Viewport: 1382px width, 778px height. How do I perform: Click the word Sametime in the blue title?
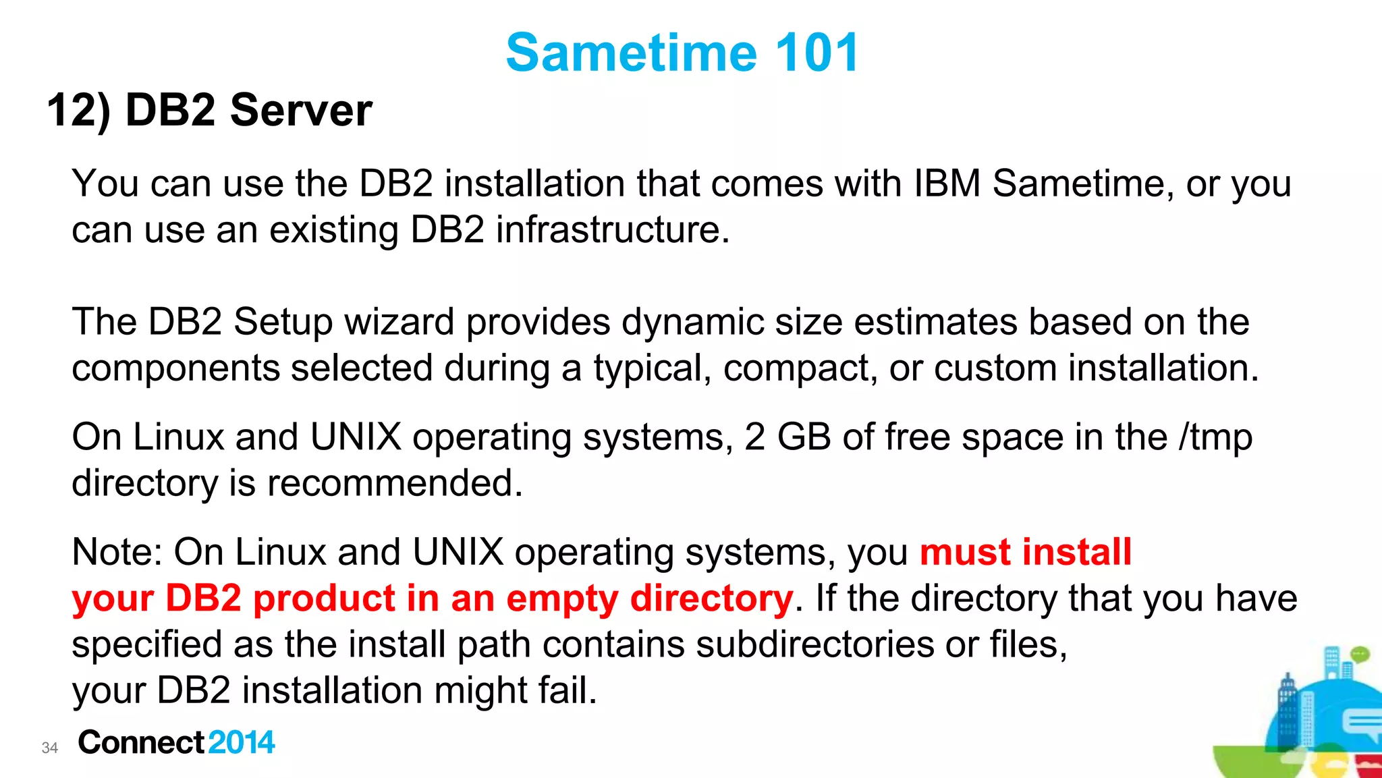coord(632,53)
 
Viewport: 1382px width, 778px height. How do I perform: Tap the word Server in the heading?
coord(301,110)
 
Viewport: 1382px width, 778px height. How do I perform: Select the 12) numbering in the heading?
coord(78,110)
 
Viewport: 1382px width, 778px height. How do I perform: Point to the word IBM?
coord(947,184)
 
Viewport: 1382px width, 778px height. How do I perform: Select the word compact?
coord(800,368)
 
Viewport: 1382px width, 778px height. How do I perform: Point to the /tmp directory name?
coord(1215,437)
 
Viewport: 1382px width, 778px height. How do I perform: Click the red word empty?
coord(561,599)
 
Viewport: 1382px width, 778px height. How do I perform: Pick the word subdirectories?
coord(814,644)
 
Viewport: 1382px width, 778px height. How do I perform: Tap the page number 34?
coord(50,748)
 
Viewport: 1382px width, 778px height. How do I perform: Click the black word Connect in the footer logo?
coord(141,742)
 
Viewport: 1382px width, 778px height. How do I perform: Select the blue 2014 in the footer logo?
coord(242,742)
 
